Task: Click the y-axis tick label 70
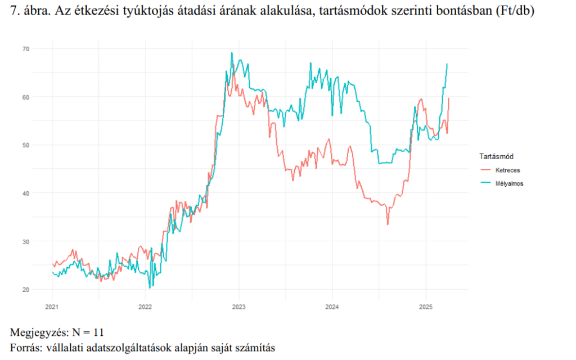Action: pyautogui.click(x=41, y=49)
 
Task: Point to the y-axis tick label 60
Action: pyautogui.click(x=41, y=97)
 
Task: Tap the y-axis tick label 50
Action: pyautogui.click(x=41, y=145)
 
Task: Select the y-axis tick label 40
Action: pyautogui.click(x=41, y=193)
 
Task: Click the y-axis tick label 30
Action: pyautogui.click(x=41, y=241)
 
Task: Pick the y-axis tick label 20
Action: pyautogui.click(x=41, y=290)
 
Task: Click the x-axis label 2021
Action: pyautogui.click(x=52, y=307)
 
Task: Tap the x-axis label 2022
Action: pyautogui.click(x=145, y=307)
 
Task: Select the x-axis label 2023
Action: pyautogui.click(x=238, y=307)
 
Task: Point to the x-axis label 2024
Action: pyautogui.click(x=331, y=307)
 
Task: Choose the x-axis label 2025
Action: pyautogui.click(x=425, y=307)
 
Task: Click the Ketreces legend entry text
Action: pyautogui.click(x=507, y=169)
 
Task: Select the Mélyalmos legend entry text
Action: pyautogui.click(x=510, y=183)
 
